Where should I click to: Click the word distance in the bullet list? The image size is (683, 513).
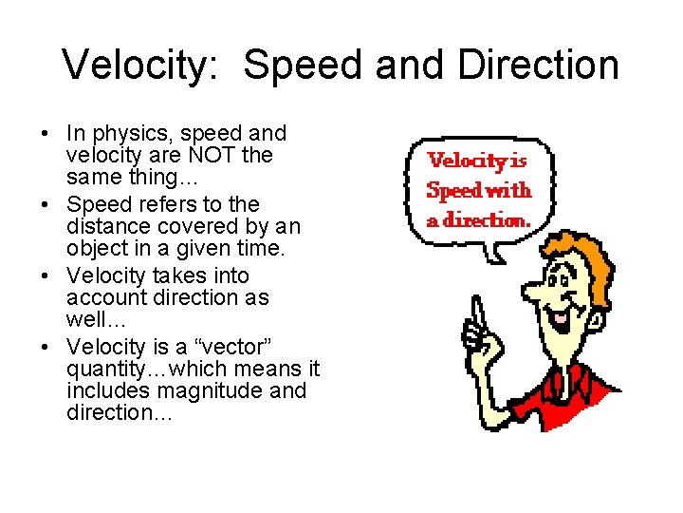(104, 226)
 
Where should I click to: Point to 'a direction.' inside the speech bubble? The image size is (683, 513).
(477, 219)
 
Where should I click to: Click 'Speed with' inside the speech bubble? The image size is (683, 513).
(479, 190)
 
